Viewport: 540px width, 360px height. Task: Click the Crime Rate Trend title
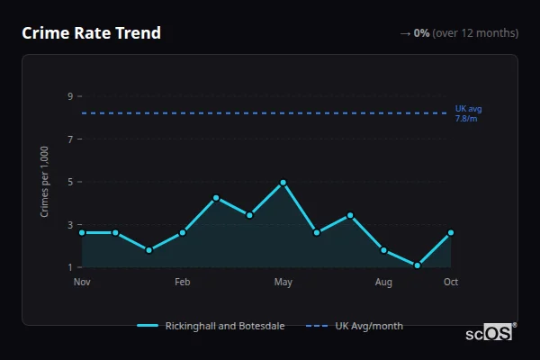92,33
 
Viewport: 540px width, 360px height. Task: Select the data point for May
283,183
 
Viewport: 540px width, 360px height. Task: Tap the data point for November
82,232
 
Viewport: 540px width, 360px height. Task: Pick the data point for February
183,232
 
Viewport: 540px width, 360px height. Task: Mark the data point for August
383,250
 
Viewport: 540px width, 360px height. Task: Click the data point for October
451,232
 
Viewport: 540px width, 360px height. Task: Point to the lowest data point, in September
418,265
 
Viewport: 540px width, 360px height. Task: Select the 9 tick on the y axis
69,96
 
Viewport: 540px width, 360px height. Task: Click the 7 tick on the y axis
69,139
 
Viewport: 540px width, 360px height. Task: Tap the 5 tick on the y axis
69,182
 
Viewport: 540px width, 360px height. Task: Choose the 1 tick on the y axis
69,267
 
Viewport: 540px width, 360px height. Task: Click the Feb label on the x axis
183,283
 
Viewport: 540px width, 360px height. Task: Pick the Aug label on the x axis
383,283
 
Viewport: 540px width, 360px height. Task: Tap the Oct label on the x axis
451,283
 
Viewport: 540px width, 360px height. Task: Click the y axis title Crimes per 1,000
45,182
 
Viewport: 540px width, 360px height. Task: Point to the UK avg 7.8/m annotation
469,112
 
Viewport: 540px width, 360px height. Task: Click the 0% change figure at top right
421,33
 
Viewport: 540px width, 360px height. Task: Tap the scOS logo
490,333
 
